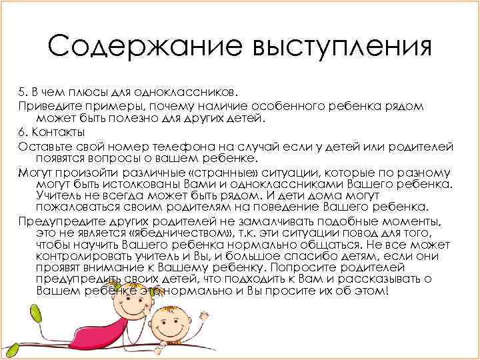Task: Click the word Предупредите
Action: coord(61,221)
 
